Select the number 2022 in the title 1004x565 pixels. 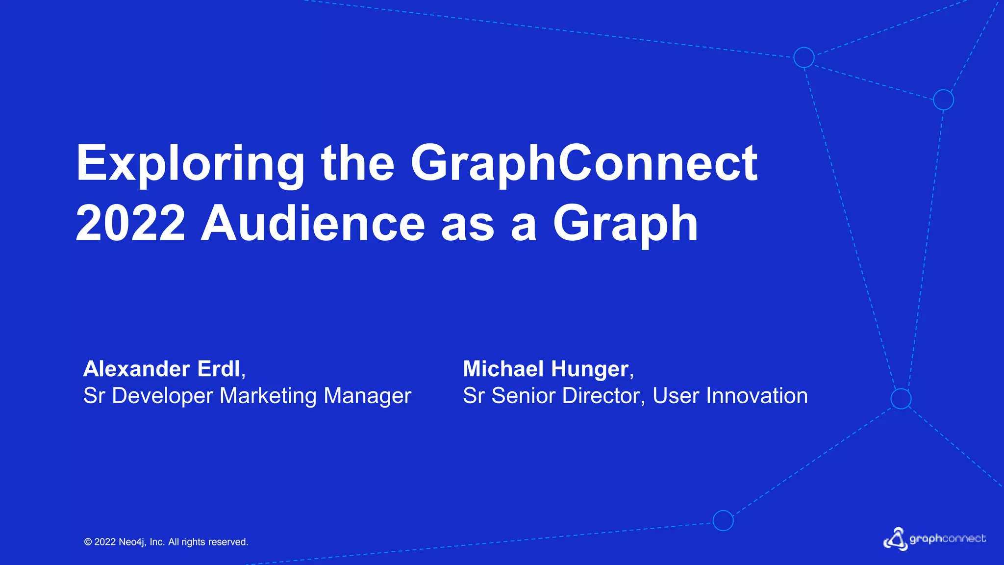[x=130, y=224]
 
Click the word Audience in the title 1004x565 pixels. [x=313, y=224]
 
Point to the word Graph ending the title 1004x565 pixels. [x=625, y=224]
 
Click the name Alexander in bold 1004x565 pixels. [x=136, y=369]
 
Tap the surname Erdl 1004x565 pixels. [x=219, y=369]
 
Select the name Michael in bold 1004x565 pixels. [x=503, y=369]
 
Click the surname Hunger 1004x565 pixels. [x=590, y=369]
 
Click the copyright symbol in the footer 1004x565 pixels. [x=88, y=542]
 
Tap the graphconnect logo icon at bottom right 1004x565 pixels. [x=896, y=539]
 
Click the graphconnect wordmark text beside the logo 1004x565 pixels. [x=948, y=539]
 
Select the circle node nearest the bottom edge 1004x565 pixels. [x=723, y=520]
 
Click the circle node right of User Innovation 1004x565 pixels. [x=901, y=398]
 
